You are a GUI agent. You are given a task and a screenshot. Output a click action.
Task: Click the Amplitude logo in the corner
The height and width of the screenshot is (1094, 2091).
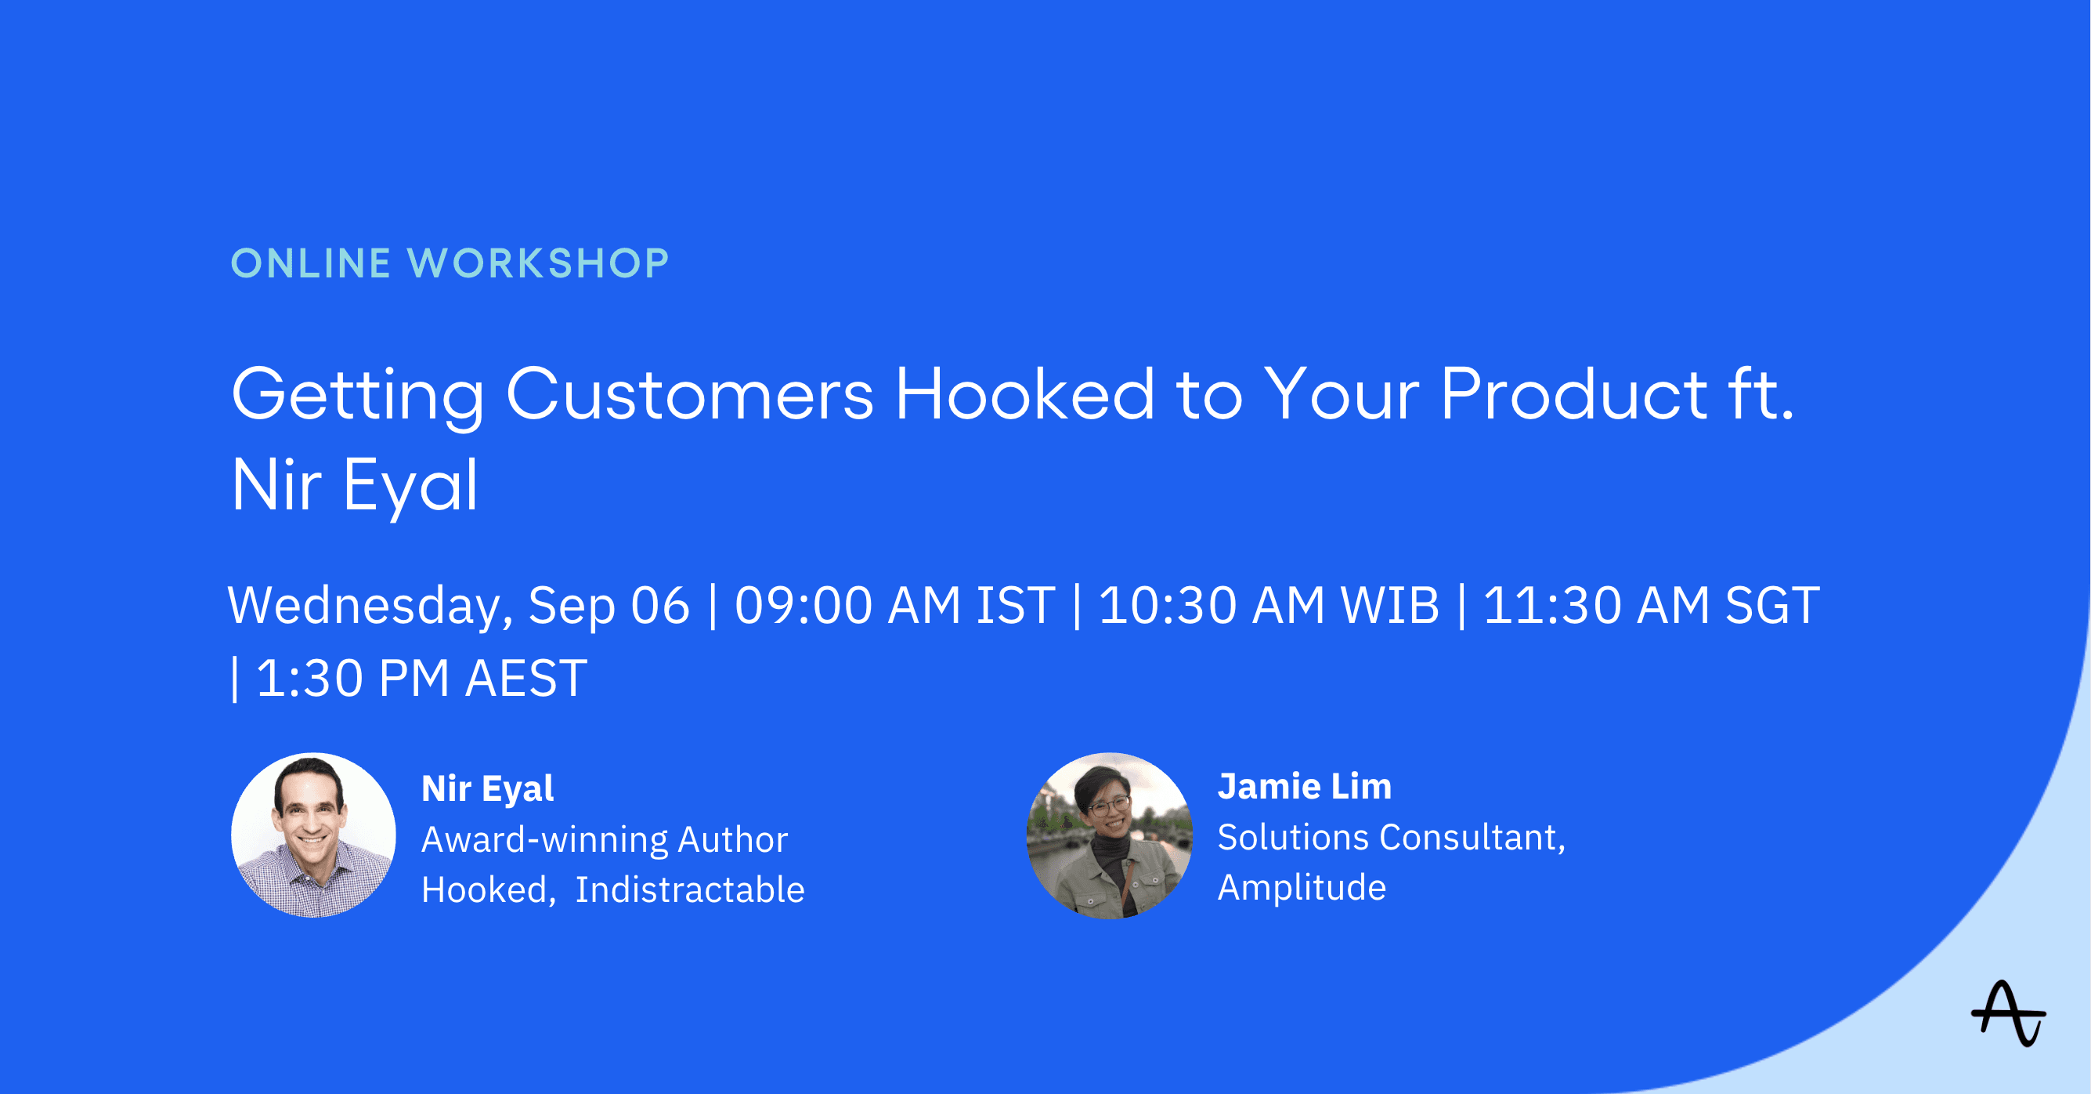(2008, 1013)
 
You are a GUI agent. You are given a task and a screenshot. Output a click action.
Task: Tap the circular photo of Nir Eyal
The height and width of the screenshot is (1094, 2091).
(313, 835)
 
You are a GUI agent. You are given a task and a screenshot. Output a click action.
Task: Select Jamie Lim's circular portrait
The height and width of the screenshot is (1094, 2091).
(1110, 835)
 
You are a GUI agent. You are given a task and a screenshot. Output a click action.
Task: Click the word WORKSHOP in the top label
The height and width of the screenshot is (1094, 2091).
(538, 263)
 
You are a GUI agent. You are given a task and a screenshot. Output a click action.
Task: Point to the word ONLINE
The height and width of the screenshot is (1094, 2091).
(311, 263)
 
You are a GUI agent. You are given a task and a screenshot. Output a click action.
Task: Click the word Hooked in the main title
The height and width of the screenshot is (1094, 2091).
(1024, 394)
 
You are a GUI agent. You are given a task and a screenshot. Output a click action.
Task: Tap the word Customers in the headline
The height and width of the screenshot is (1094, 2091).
(690, 394)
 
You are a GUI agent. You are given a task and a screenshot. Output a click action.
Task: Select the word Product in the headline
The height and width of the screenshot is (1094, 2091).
(1575, 394)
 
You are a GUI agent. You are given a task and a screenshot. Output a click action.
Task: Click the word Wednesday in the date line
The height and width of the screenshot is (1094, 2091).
(370, 607)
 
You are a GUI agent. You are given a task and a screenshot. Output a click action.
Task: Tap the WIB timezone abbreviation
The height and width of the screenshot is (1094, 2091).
(1389, 605)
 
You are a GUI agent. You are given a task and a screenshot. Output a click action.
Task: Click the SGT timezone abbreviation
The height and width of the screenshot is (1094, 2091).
(1772, 605)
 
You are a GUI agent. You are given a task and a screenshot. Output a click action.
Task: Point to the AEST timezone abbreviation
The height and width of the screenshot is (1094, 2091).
(526, 678)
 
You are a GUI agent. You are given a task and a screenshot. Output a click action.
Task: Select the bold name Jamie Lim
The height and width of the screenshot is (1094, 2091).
(1305, 786)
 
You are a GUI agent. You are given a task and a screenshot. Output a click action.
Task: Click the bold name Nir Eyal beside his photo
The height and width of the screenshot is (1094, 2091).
(488, 788)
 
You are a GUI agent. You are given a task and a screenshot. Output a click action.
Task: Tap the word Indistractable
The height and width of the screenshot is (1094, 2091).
(690, 889)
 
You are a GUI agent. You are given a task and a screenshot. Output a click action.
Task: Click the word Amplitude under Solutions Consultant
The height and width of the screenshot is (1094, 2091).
(1302, 888)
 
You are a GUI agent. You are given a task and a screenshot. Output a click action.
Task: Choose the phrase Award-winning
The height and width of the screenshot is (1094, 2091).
(544, 840)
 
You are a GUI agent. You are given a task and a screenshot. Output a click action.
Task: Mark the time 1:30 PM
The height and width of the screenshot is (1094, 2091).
(352, 678)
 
